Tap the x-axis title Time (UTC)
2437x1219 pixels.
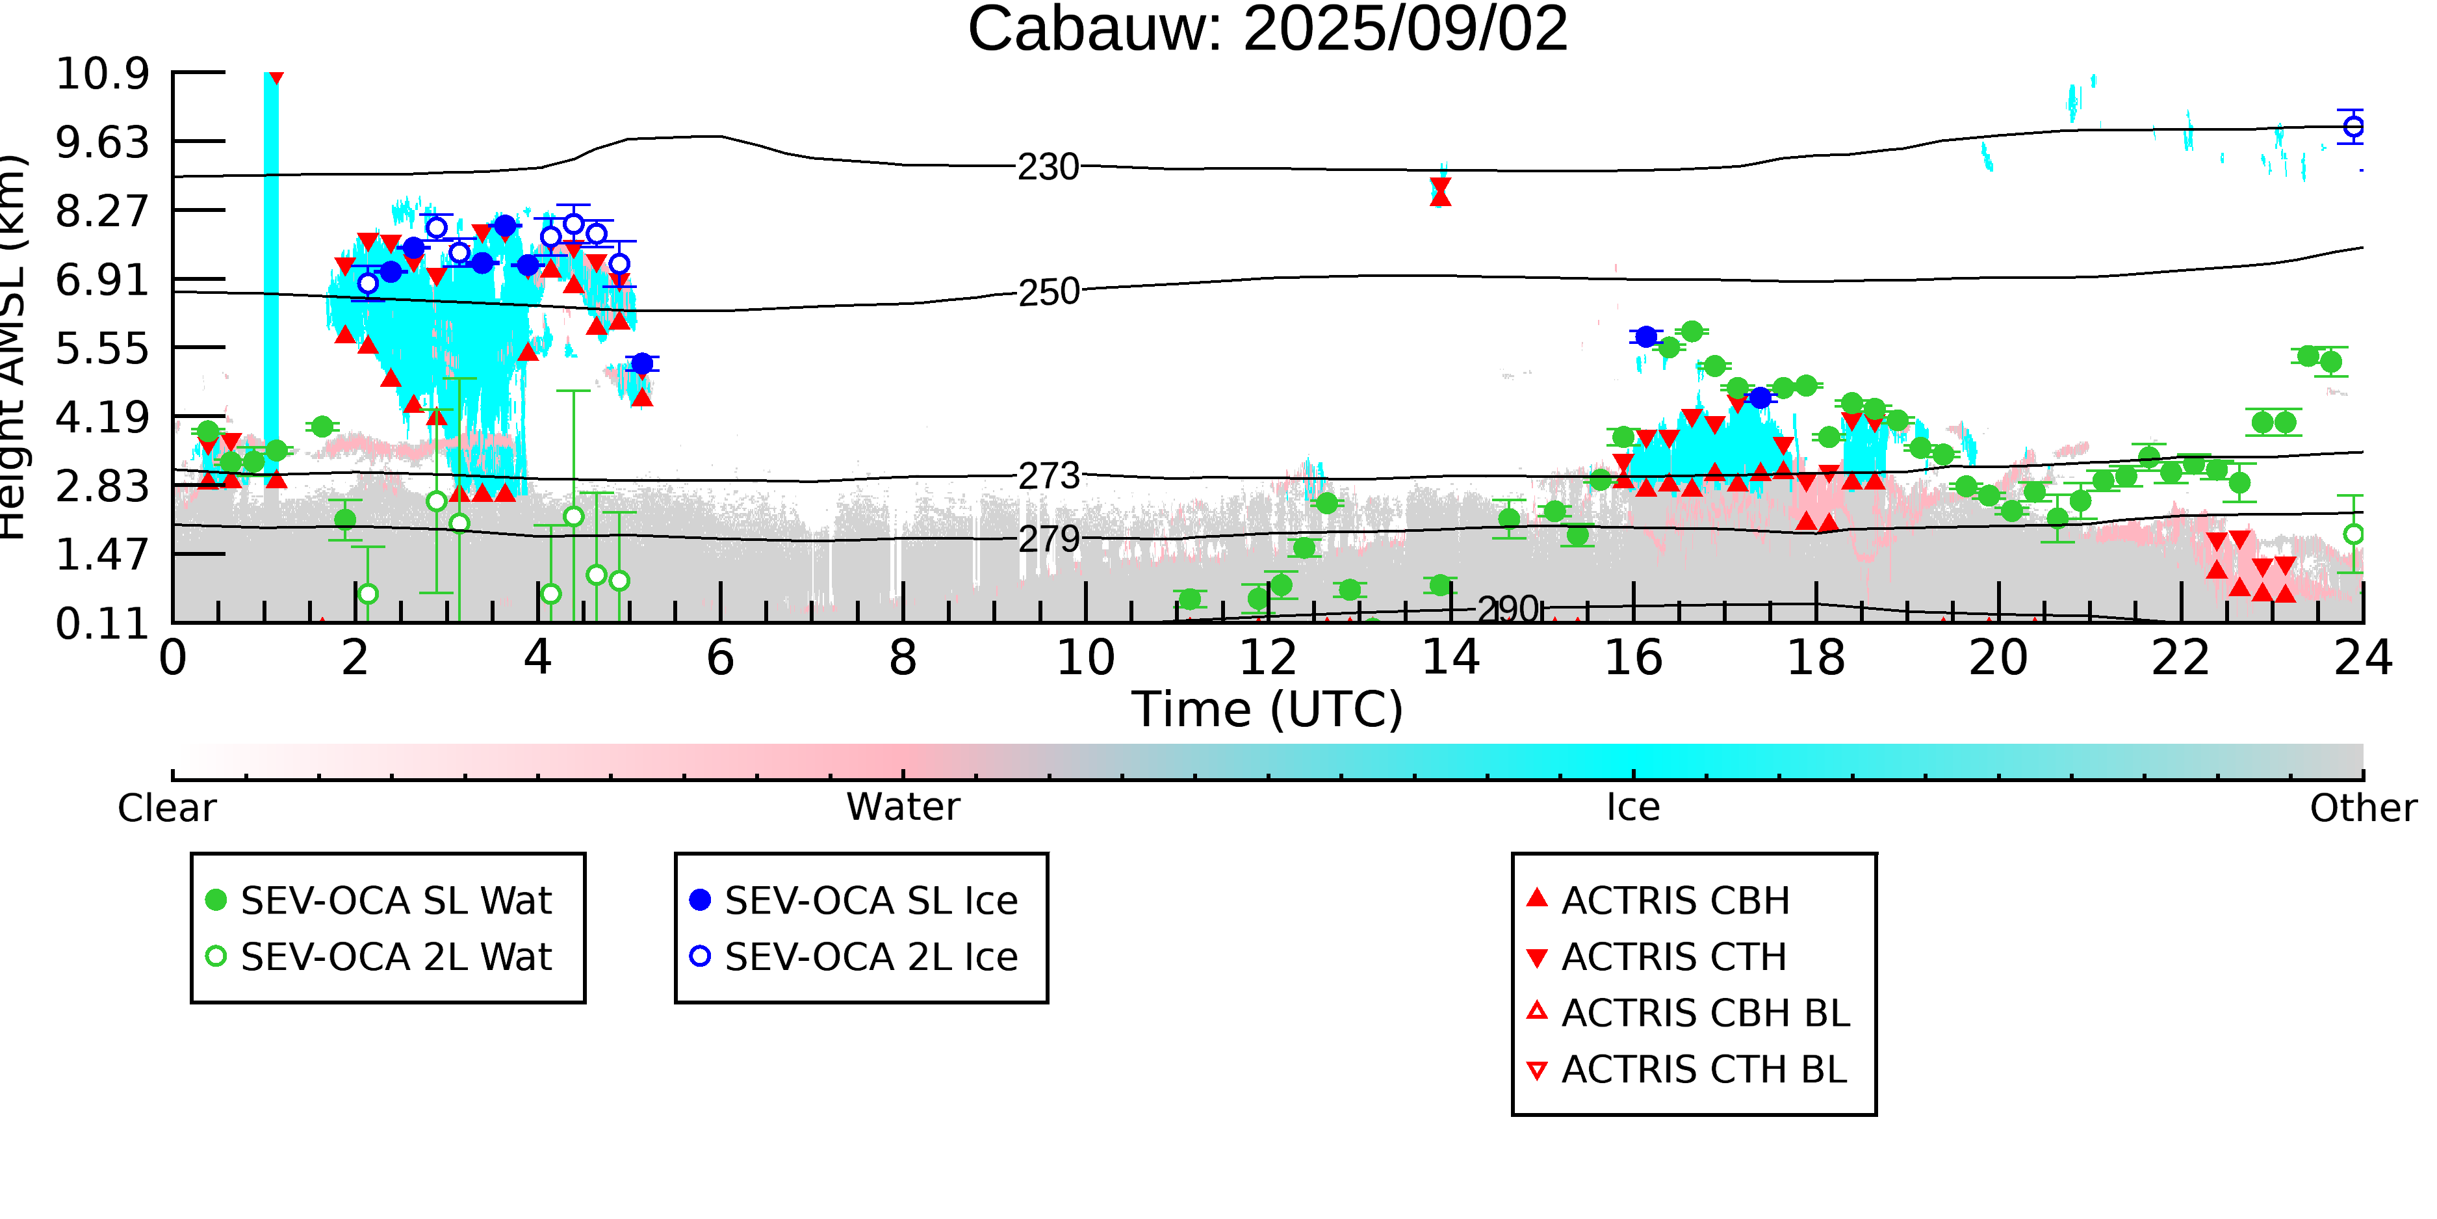(1268, 709)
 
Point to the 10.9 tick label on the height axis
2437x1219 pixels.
(102, 73)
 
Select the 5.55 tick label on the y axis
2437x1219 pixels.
(102, 348)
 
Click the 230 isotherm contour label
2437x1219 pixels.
(1048, 168)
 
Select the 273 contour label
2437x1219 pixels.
(1048, 476)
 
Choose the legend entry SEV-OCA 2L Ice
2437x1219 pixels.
(855, 957)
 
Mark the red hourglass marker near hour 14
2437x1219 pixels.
(1440, 191)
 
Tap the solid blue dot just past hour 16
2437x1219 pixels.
(1646, 336)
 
